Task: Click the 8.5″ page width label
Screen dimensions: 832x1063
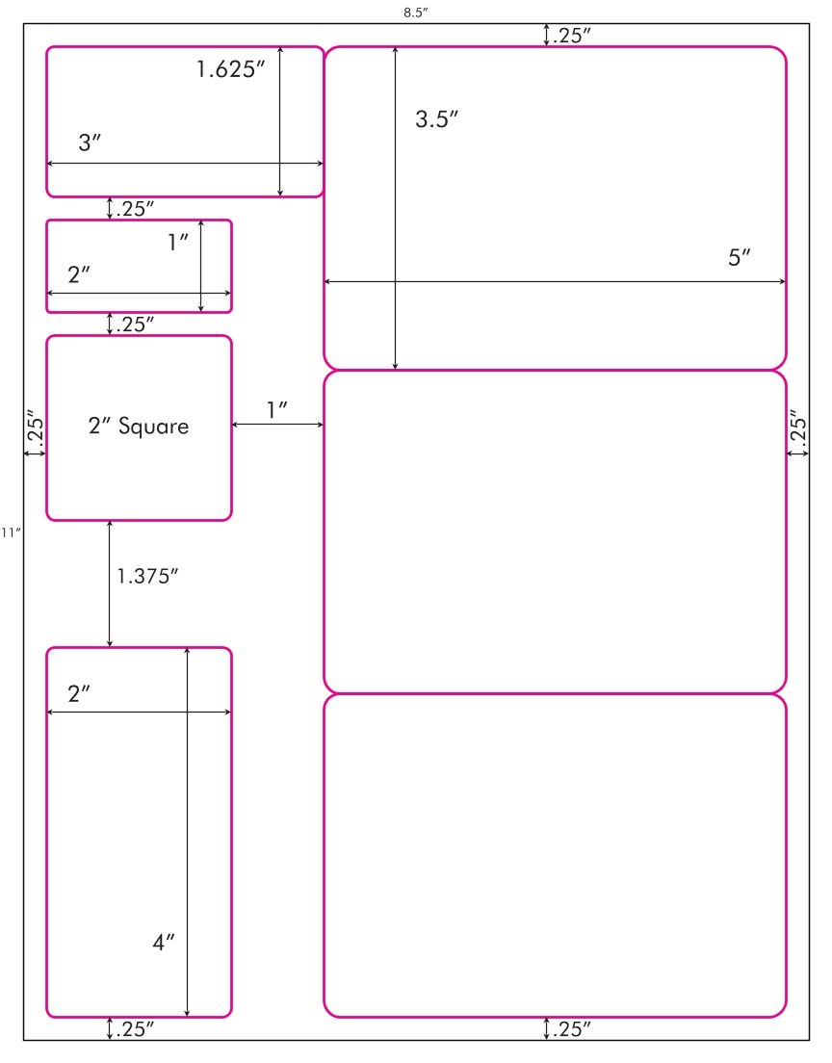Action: click(x=416, y=13)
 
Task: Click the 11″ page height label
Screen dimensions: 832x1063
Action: click(x=11, y=532)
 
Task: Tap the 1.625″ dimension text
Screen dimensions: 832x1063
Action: click(x=230, y=69)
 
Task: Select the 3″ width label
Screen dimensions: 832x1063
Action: click(x=90, y=143)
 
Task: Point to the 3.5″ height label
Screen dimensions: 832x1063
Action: click(x=436, y=119)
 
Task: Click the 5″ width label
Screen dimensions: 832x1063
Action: click(x=740, y=258)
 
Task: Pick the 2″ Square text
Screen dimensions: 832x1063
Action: click(x=139, y=426)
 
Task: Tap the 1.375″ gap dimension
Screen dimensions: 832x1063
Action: click(x=147, y=576)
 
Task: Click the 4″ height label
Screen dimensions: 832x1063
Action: click(x=164, y=943)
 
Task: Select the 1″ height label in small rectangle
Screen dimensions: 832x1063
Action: click(x=177, y=242)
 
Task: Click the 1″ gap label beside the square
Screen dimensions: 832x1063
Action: click(x=276, y=410)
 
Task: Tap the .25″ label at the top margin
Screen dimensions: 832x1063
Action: click(x=572, y=36)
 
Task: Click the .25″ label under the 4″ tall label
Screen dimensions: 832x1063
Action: click(x=134, y=1029)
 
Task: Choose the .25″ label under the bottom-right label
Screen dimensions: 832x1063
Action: click(x=571, y=1029)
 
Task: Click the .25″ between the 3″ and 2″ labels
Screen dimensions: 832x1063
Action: click(x=134, y=209)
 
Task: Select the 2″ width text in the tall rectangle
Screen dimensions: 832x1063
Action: click(x=79, y=694)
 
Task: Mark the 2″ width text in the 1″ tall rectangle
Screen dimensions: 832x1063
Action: click(x=79, y=275)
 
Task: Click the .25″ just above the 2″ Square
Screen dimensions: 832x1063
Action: click(x=134, y=324)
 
